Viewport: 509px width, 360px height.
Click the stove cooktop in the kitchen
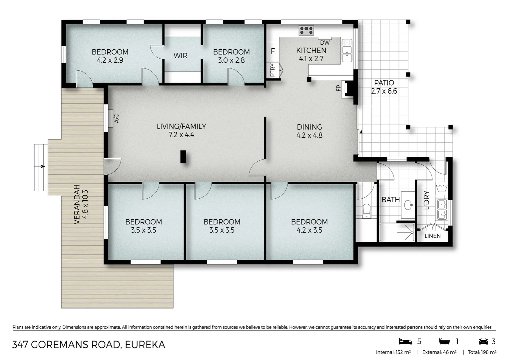306,30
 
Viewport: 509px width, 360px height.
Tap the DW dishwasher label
325,43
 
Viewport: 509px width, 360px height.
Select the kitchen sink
347,51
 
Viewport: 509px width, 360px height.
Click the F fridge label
273,51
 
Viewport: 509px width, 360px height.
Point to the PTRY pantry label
273,70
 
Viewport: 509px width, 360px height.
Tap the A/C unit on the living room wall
110,118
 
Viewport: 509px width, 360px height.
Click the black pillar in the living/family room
183,157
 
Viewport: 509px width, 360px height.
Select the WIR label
180,56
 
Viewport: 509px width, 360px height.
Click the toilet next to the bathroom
366,210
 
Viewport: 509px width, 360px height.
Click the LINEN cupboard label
432,236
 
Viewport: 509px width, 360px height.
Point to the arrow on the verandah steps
42,166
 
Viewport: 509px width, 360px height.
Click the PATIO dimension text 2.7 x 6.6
384,91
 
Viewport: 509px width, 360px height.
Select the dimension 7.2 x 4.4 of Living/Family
181,135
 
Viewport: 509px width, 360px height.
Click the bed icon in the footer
405,341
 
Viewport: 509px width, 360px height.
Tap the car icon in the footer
483,341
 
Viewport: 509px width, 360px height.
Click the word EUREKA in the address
145,345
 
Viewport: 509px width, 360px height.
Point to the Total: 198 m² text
482,352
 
